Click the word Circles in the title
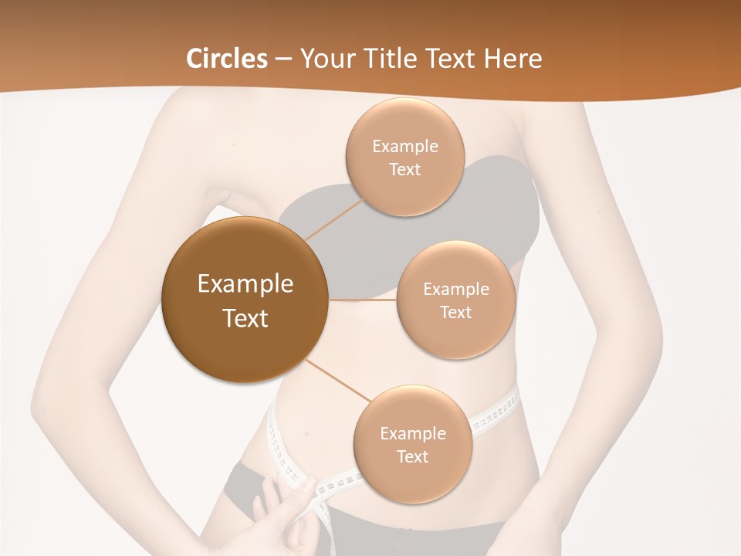tap(227, 59)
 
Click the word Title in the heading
tap(390, 59)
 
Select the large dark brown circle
tap(245, 300)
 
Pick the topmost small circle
tap(404, 158)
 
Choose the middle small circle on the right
tap(456, 300)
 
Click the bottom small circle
tap(412, 444)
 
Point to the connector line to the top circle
tap(333, 217)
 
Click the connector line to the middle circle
tap(363, 300)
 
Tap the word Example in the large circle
tap(245, 284)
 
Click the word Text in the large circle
tap(245, 317)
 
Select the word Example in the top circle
tap(405, 147)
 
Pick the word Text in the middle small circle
tap(455, 312)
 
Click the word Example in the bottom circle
tap(413, 433)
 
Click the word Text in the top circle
tap(404, 170)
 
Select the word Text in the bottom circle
tap(412, 456)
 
